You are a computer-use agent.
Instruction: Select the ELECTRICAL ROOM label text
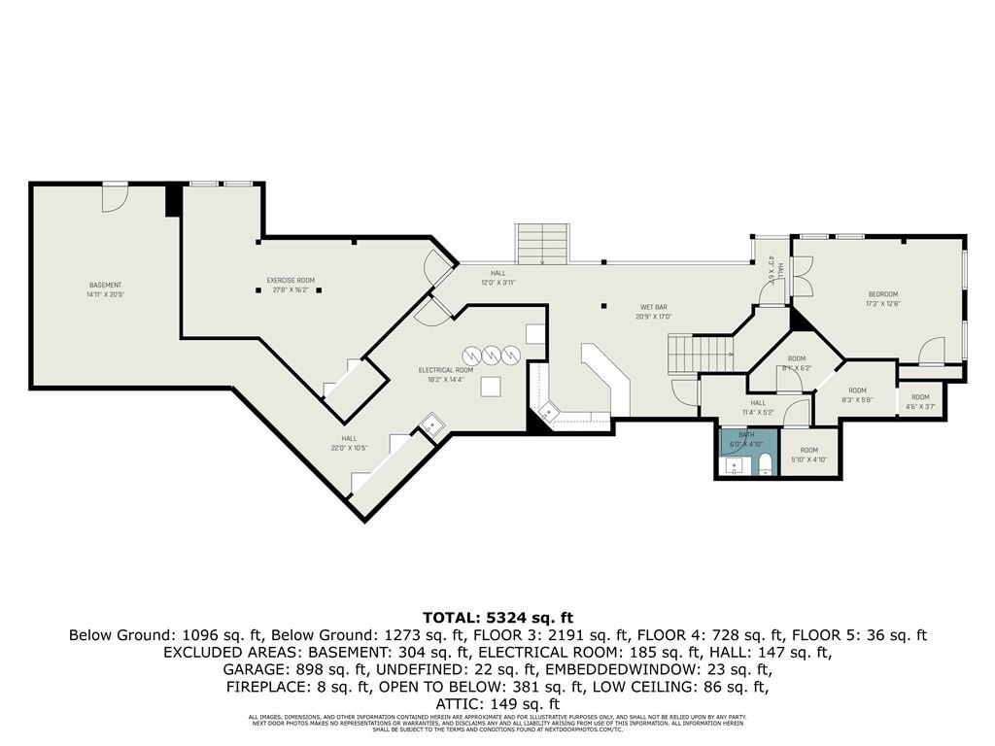pyautogui.click(x=446, y=370)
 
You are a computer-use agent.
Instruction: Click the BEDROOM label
pyautogui.click(x=882, y=293)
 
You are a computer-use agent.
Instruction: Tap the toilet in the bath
pyautogui.click(x=765, y=462)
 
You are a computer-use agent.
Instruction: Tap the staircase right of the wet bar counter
pyautogui.click(x=695, y=354)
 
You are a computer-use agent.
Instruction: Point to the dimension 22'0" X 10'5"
pyautogui.click(x=349, y=448)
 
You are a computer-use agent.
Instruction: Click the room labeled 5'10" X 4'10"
pyautogui.click(x=808, y=455)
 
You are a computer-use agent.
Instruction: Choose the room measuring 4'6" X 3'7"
pyautogui.click(x=919, y=400)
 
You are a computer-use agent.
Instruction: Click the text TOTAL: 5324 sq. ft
pyautogui.click(x=497, y=617)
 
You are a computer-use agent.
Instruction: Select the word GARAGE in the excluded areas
pyautogui.click(x=251, y=669)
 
